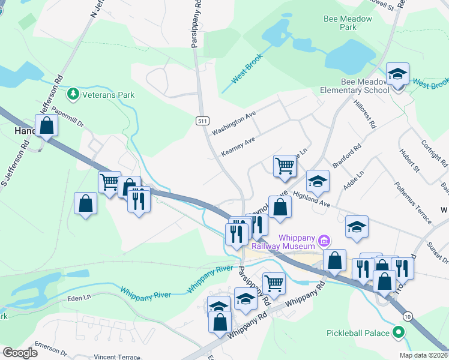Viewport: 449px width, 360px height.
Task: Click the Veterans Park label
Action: [x=109, y=95]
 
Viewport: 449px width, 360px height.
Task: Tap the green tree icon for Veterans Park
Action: [x=73, y=94]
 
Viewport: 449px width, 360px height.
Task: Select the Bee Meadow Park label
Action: [x=348, y=23]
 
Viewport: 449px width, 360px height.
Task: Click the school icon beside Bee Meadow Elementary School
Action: [x=397, y=75]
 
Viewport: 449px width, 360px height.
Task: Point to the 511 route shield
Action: [x=202, y=121]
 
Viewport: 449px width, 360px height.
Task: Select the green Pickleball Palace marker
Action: [x=397, y=332]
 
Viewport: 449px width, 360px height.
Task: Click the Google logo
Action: [x=19, y=353]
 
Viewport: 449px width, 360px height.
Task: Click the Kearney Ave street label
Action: [x=238, y=146]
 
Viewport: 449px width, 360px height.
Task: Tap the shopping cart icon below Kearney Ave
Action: [x=285, y=166]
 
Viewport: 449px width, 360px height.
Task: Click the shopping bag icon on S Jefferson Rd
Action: [x=46, y=126]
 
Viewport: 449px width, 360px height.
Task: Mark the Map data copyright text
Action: [x=423, y=355]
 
